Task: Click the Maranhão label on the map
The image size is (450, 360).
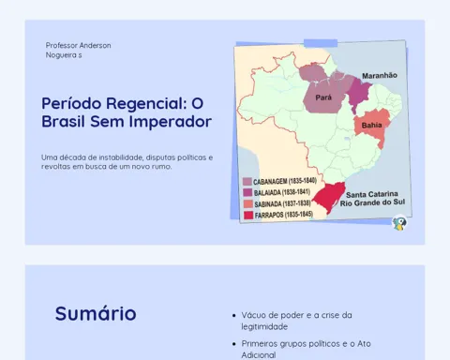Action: click(380, 76)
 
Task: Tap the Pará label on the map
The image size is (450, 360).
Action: click(323, 97)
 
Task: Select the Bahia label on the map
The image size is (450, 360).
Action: click(371, 126)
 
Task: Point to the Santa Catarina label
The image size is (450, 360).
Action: click(372, 194)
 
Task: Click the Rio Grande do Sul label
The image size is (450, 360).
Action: click(372, 202)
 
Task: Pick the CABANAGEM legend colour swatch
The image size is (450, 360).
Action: click(247, 182)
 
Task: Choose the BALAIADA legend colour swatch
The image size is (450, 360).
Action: click(247, 192)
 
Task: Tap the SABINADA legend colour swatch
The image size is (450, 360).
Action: click(248, 204)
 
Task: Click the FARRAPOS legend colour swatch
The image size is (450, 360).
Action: click(248, 216)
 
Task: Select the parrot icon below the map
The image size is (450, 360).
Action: click(399, 223)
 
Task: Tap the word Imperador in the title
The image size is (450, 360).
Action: click(171, 122)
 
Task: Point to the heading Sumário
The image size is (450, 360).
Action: click(96, 313)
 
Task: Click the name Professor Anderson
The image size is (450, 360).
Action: click(78, 45)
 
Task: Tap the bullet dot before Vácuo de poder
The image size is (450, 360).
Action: click(234, 316)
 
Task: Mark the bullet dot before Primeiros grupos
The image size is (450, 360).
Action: click(234, 344)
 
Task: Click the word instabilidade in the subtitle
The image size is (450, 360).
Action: click(121, 157)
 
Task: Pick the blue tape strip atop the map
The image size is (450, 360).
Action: click(321, 43)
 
